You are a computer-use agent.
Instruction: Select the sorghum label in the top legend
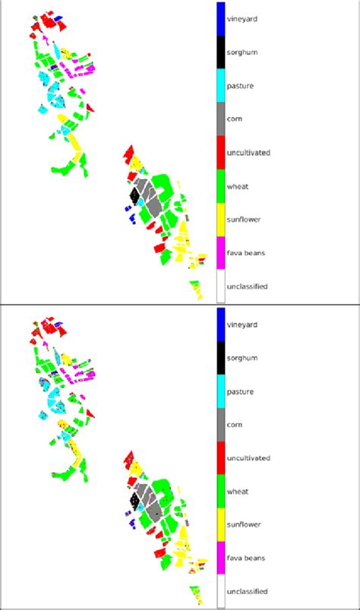pyautogui.click(x=244, y=52)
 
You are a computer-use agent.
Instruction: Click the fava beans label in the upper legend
pyautogui.click(x=246, y=253)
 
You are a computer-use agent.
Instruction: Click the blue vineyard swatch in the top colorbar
pyautogui.click(x=220, y=18)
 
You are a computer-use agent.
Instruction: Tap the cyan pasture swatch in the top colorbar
pyautogui.click(x=220, y=85)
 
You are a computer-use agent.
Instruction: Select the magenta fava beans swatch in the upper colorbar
pyautogui.click(x=220, y=252)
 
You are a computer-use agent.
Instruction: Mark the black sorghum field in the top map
pyautogui.click(x=134, y=195)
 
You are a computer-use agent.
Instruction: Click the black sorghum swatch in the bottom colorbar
pyautogui.click(x=220, y=357)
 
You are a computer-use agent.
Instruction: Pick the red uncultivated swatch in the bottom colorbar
pyautogui.click(x=220, y=457)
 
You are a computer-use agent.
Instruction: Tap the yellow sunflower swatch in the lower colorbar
pyautogui.click(x=220, y=524)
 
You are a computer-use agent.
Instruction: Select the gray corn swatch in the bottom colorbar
pyautogui.click(x=220, y=424)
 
